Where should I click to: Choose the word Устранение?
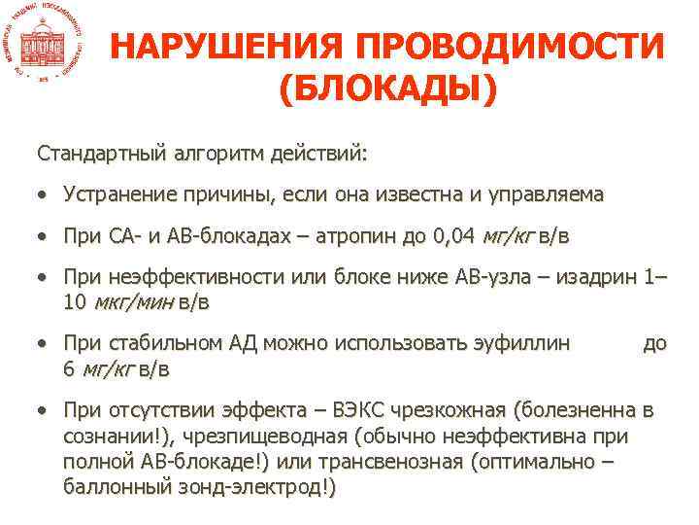click(118, 194)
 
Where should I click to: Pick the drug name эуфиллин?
click(523, 343)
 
